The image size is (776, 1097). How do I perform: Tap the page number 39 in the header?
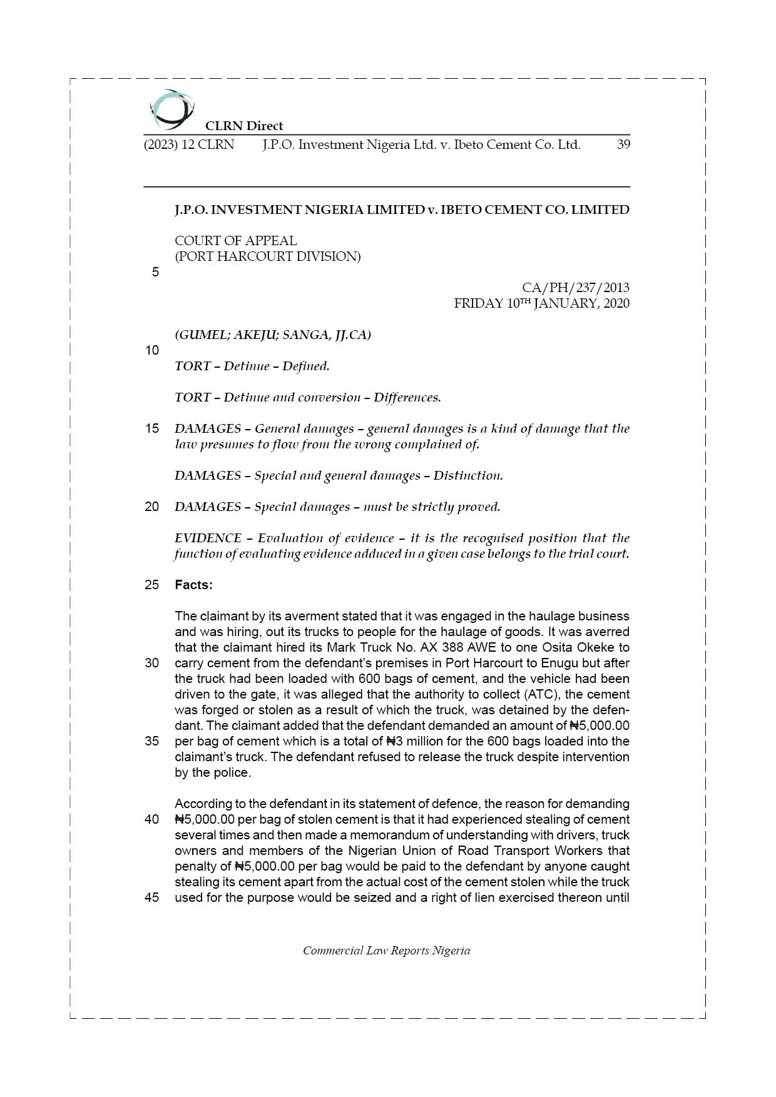[623, 144]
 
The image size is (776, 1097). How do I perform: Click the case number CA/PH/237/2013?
[575, 288]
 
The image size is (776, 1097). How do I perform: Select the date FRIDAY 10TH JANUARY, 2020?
[541, 303]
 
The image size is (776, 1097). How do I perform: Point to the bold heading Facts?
[193, 585]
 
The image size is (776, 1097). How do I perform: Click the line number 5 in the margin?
[155, 272]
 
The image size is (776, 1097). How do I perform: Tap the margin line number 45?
[152, 897]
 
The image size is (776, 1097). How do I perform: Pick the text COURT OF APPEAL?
[235, 241]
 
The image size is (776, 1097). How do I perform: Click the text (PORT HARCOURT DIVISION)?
[267, 256]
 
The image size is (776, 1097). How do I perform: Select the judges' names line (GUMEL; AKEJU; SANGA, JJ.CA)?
[273, 335]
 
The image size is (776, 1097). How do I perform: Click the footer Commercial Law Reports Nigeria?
[386, 951]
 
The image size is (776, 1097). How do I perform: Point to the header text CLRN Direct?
[244, 126]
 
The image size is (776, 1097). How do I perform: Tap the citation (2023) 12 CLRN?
[189, 144]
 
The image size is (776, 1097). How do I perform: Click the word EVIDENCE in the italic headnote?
[208, 538]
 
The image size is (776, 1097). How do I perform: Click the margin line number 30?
[152, 663]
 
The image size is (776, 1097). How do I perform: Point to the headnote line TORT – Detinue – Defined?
[252, 366]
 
